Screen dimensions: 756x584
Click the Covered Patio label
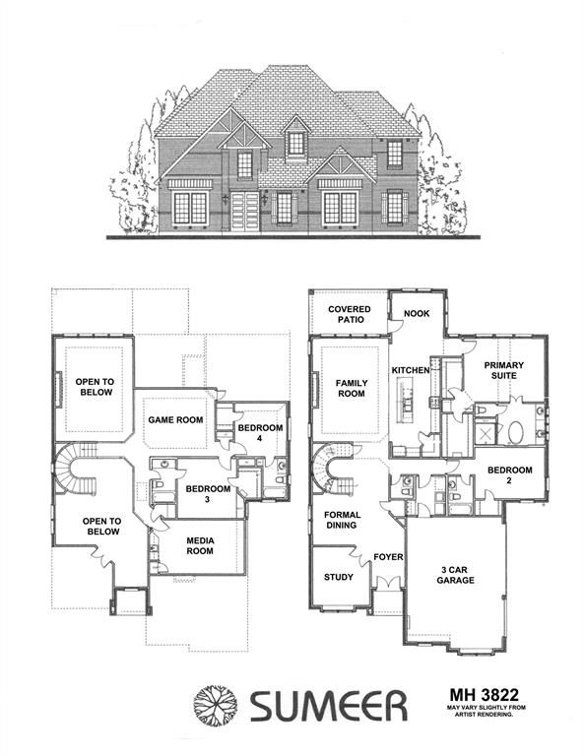[x=350, y=316]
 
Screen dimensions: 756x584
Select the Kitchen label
[x=412, y=370]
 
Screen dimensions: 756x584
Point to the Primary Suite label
[x=503, y=370]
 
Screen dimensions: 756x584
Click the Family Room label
[x=351, y=388]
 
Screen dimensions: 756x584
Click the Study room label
[x=339, y=578]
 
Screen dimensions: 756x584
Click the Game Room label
[x=175, y=419]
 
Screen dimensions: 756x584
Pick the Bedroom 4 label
[x=260, y=433]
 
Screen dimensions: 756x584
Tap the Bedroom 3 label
[x=208, y=494]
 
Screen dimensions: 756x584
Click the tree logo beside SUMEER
[x=215, y=705]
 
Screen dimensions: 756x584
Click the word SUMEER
[x=328, y=706]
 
